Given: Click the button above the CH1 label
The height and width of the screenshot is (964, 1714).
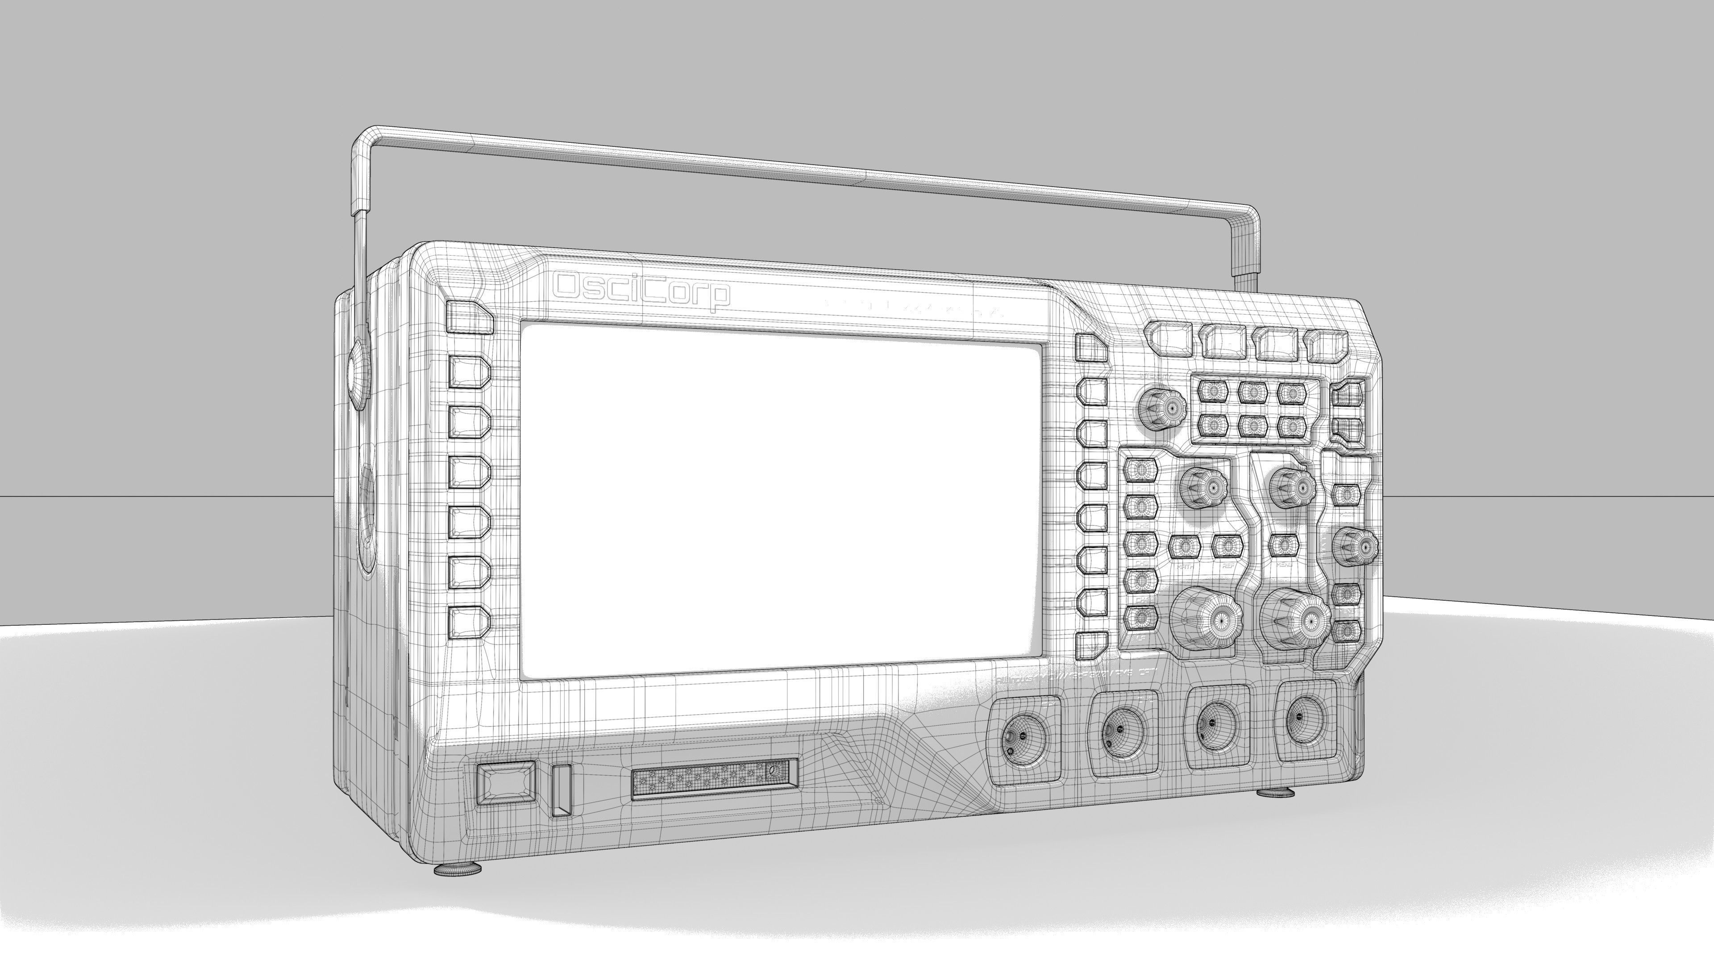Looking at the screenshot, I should (x=1140, y=470).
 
